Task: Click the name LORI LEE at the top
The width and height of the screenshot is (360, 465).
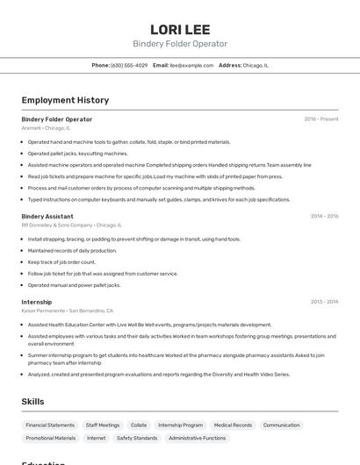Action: (179, 28)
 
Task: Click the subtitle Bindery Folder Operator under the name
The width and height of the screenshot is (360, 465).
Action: (179, 44)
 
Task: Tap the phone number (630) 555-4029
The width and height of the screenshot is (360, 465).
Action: (129, 65)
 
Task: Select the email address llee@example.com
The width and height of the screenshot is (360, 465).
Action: (191, 65)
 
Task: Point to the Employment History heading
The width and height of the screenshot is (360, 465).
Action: (65, 100)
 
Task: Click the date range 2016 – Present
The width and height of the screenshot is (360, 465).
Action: (320, 119)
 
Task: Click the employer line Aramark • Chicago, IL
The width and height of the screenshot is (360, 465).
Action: (46, 128)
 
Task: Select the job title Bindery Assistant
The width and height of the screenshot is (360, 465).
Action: (47, 216)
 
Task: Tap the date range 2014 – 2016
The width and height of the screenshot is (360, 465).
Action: (324, 216)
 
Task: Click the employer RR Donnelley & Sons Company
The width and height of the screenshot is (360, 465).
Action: (57, 225)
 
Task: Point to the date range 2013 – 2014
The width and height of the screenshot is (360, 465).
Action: (324, 302)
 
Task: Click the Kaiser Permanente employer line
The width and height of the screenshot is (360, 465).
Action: (44, 311)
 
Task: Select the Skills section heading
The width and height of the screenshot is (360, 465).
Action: (33, 402)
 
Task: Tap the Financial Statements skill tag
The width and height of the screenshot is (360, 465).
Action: (50, 425)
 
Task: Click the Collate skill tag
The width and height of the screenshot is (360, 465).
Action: (139, 425)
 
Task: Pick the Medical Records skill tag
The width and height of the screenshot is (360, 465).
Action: (233, 425)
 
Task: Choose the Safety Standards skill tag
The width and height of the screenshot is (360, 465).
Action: (137, 438)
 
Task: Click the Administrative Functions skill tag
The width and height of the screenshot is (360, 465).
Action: (198, 438)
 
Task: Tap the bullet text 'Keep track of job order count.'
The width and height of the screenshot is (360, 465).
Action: (61, 261)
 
